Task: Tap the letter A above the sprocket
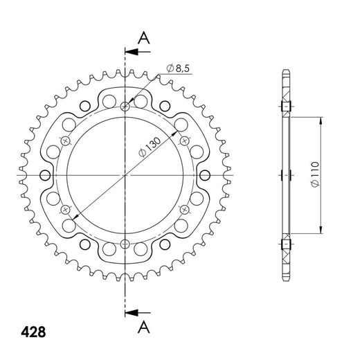143,38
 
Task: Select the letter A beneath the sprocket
143,325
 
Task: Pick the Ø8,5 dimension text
179,68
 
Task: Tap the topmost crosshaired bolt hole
125,107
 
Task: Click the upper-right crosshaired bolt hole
184,141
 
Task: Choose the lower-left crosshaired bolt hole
66,209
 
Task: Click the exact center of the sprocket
125,175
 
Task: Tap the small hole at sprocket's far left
46,175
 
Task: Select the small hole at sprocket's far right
205,175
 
